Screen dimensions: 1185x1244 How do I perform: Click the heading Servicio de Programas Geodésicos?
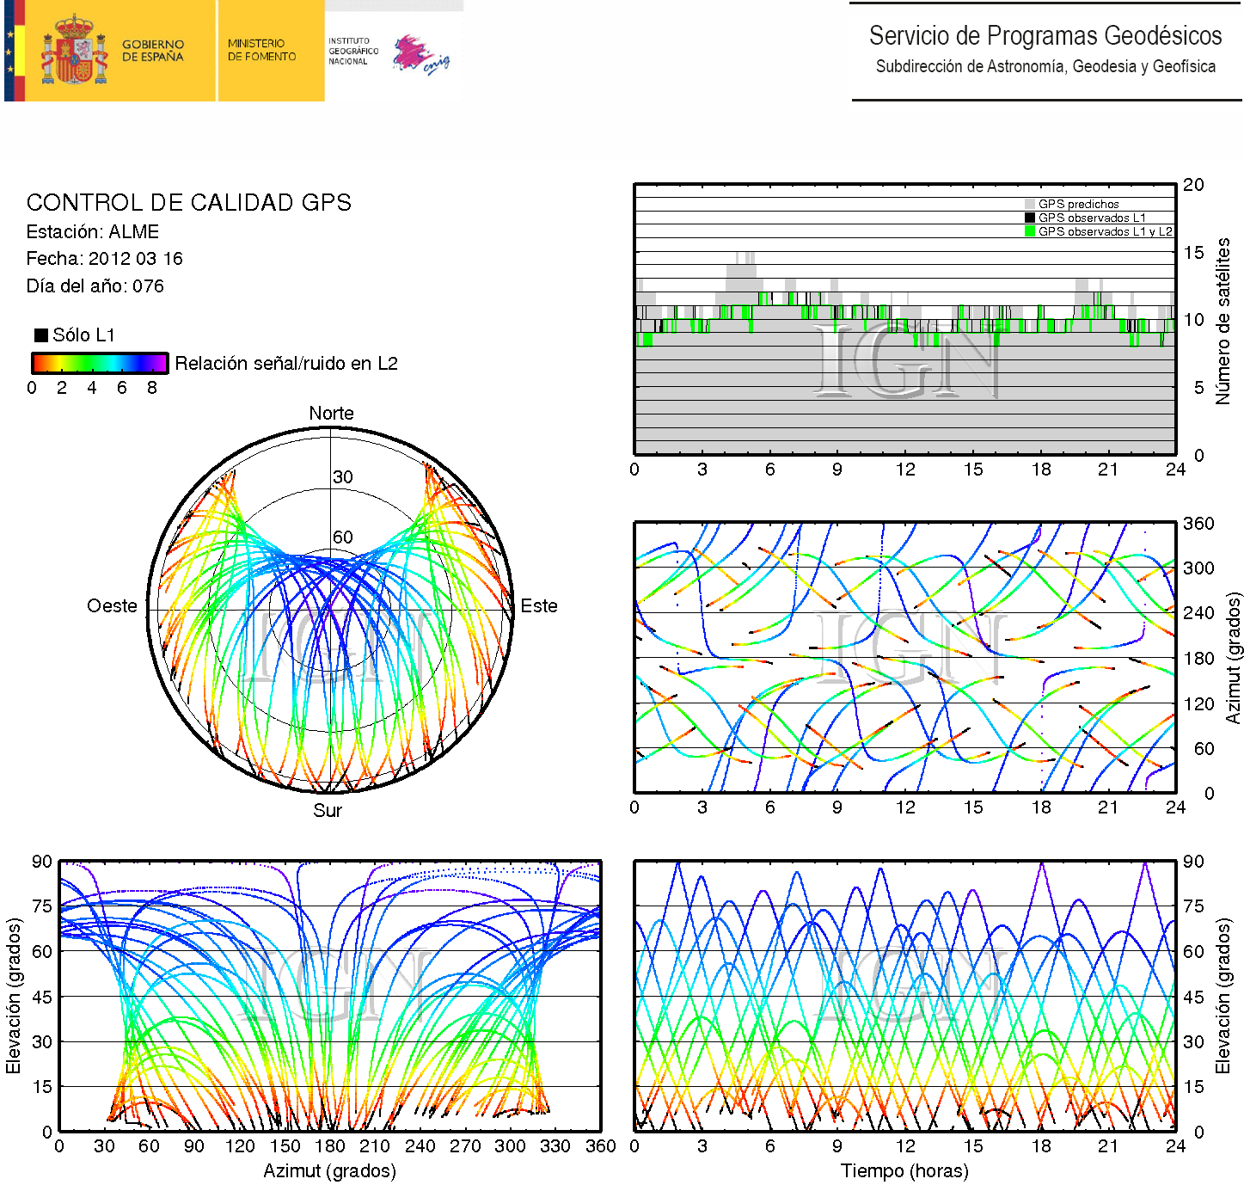click(x=1045, y=36)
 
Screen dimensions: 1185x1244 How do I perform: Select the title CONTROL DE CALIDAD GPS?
click(x=188, y=203)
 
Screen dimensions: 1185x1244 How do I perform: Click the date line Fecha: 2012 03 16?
click(x=104, y=259)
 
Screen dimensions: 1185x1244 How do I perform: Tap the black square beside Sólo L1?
click(x=40, y=335)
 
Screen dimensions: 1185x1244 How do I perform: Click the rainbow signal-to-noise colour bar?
click(x=99, y=363)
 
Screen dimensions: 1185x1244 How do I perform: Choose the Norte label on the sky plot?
click(x=331, y=414)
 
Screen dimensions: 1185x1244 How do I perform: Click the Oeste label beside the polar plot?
click(x=112, y=606)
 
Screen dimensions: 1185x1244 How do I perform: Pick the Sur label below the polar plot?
click(x=328, y=811)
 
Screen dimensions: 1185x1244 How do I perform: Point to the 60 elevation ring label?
click(x=343, y=537)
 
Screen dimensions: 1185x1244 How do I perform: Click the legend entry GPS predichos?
click(x=1078, y=205)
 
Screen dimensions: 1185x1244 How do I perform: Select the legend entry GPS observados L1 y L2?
click(x=1104, y=232)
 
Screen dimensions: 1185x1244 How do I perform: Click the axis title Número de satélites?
click(x=1223, y=321)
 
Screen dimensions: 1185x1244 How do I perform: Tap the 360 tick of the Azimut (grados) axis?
click(x=1198, y=524)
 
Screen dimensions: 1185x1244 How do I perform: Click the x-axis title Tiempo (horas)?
click(x=904, y=1171)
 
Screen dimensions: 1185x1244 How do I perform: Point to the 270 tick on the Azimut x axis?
click(x=465, y=1146)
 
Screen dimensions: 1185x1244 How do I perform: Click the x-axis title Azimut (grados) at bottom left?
click(x=329, y=1171)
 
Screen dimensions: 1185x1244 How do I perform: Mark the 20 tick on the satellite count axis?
click(x=1193, y=185)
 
